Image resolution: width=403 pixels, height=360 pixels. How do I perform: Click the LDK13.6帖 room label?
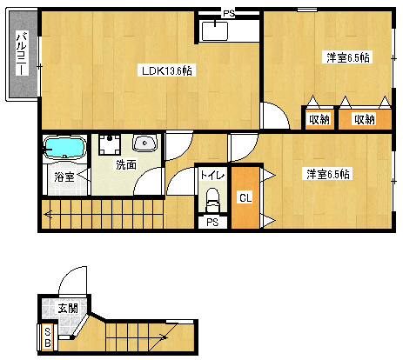[167, 70]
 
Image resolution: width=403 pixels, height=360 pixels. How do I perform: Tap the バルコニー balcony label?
[22, 53]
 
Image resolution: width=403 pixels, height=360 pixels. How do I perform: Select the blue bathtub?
[64, 148]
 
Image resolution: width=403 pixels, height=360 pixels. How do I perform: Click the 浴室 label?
[64, 177]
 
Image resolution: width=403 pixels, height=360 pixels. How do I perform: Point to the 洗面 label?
[126, 164]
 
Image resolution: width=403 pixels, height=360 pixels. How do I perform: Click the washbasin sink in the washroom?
[144, 143]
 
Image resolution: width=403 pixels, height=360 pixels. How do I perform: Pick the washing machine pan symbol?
[110, 144]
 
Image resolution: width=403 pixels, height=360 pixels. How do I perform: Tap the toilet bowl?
[212, 199]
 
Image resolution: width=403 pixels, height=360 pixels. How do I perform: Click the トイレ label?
[212, 175]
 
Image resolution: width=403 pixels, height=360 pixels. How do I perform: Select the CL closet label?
[245, 198]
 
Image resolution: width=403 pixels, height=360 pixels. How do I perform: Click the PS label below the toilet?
[212, 223]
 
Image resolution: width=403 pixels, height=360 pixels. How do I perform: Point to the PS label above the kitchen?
[228, 14]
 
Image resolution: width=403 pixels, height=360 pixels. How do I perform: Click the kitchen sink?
[215, 30]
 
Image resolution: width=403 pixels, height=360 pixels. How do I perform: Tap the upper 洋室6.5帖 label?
[347, 57]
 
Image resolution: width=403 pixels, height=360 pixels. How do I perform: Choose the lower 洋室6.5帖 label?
[328, 174]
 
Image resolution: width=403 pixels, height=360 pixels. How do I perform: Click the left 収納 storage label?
[319, 119]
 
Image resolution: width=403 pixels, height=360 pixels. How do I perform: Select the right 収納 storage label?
[365, 119]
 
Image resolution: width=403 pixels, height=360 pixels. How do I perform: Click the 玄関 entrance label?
[68, 308]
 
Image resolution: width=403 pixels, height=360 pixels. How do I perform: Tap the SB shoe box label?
[48, 337]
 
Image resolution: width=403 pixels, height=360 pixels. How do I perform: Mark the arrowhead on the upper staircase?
[48, 215]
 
